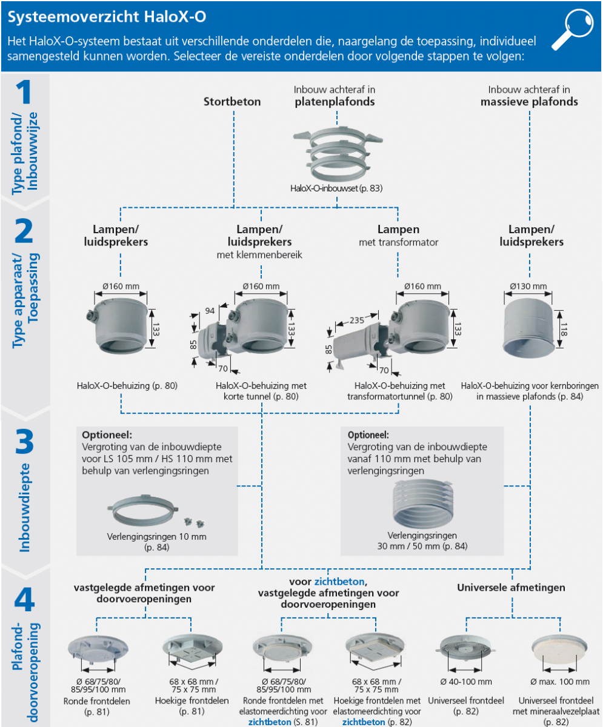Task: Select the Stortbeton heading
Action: (x=232, y=102)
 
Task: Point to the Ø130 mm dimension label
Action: (x=528, y=287)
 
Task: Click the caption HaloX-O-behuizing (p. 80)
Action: (x=127, y=385)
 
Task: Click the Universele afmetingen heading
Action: (x=511, y=587)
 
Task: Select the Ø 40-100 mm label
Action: (x=465, y=682)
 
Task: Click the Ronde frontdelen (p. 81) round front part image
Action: (x=96, y=650)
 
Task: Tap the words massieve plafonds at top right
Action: (x=529, y=102)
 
